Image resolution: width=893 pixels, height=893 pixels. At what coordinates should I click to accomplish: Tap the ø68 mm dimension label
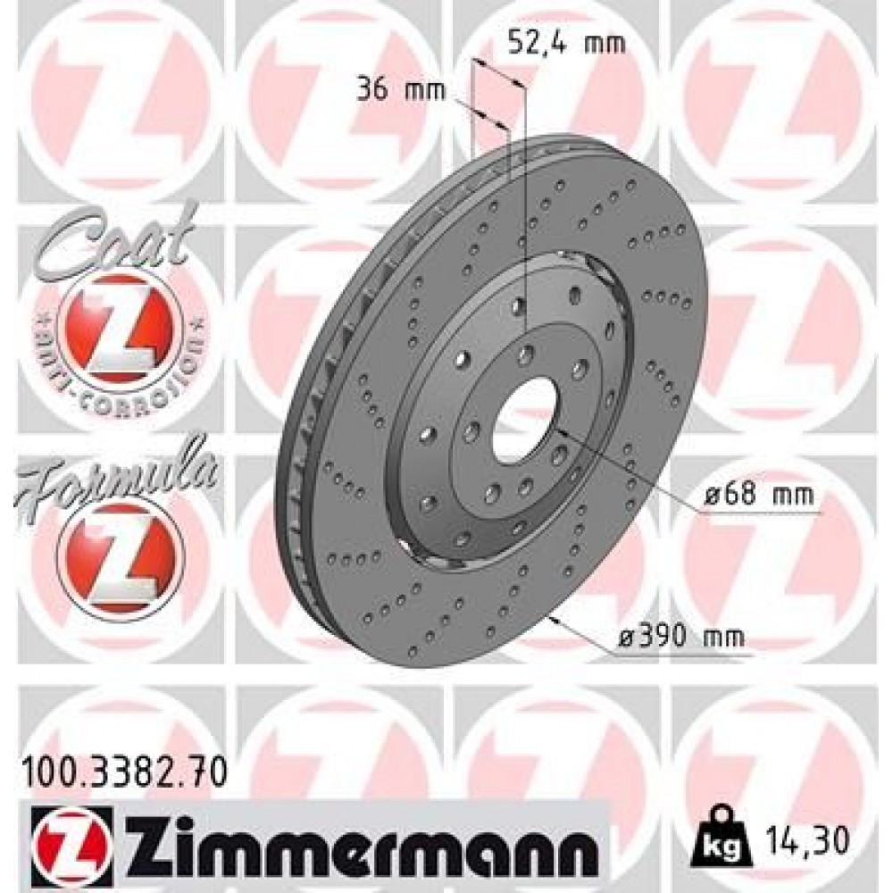pyautogui.click(x=758, y=497)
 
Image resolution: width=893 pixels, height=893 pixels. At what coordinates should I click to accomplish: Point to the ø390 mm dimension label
pyautogui.click(x=682, y=638)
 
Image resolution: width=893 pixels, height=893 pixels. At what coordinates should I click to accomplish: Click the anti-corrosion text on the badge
pyautogui.click(x=120, y=375)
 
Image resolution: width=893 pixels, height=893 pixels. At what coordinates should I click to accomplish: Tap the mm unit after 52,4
pyautogui.click(x=605, y=42)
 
